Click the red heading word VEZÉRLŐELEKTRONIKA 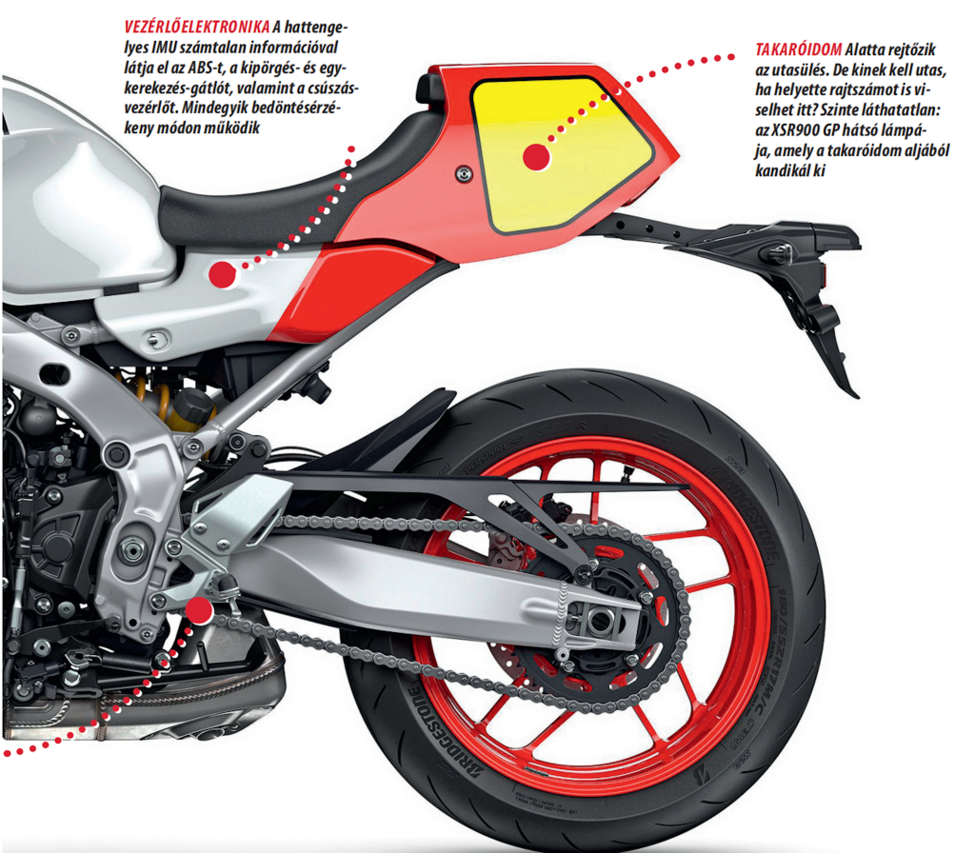pos(196,27)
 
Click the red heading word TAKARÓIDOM pos(799,50)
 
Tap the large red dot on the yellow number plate pos(536,156)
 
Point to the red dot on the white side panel pos(222,274)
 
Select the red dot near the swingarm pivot pos(199,610)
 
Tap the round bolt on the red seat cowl pos(464,174)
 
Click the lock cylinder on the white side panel pos(157,340)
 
